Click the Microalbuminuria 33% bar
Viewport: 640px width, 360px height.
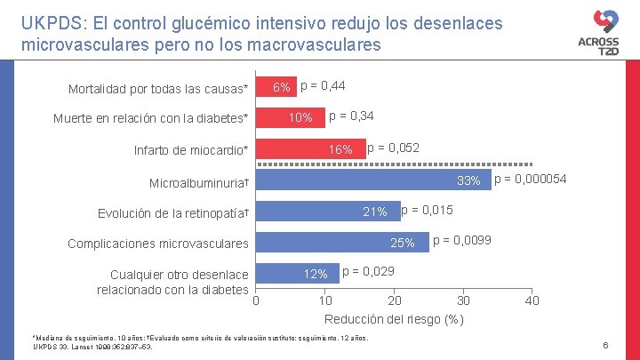coord(373,180)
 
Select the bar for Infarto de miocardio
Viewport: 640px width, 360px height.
coord(311,149)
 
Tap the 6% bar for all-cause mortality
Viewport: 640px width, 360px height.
coord(276,87)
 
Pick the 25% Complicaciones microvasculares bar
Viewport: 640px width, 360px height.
coord(342,243)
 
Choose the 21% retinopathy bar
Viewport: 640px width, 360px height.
coord(328,212)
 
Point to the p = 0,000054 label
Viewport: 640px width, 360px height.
coord(530,180)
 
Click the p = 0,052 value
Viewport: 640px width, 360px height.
coord(393,148)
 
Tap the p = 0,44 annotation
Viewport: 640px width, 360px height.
coord(323,85)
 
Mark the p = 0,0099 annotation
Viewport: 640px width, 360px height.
coord(461,241)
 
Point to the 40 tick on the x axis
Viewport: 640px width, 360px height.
coord(532,300)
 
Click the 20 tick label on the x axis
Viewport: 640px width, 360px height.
coord(395,300)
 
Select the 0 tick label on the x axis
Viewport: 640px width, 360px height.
coord(256,300)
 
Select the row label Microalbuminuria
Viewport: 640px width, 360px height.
coord(198,182)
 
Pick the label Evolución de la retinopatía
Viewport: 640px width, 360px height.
coord(172,213)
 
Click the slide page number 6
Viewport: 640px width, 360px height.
coord(604,345)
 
